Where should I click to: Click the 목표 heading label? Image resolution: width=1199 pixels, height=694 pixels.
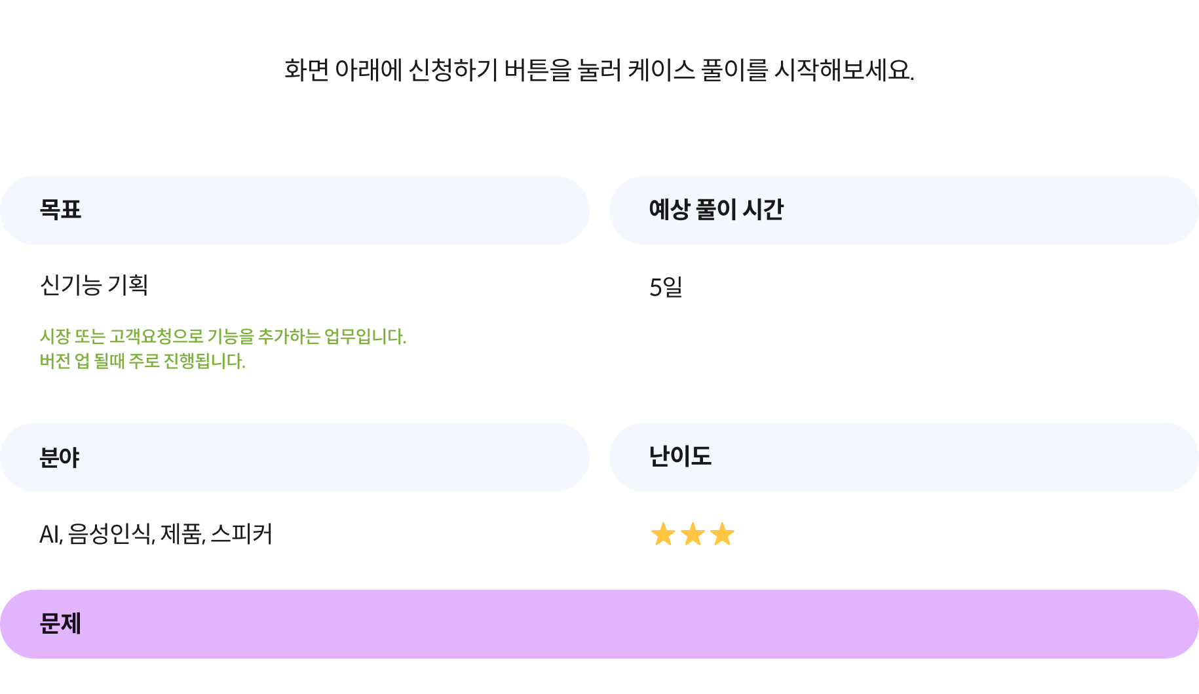[60, 210]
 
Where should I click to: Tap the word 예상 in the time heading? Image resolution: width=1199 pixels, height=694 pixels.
[669, 210]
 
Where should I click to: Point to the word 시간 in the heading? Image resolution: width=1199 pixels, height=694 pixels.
[763, 210]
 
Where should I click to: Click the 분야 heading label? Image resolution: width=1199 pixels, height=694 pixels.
[60, 457]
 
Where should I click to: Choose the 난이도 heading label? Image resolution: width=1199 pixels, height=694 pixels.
[680, 456]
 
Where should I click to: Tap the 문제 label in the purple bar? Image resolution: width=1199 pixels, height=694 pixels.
[60, 623]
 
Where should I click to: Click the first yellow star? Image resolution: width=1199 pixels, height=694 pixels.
[663, 534]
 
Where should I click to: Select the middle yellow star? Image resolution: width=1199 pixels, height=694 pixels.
[693, 534]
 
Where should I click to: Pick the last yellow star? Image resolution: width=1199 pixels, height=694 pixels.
[722, 534]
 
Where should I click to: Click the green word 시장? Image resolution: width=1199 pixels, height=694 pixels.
[54, 337]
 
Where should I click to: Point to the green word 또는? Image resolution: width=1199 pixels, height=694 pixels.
[89, 337]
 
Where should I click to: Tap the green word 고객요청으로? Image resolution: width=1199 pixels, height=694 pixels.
[157, 337]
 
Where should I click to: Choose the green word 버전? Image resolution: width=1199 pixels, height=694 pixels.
[55, 361]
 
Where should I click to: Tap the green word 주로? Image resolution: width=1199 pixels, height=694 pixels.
[144, 361]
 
